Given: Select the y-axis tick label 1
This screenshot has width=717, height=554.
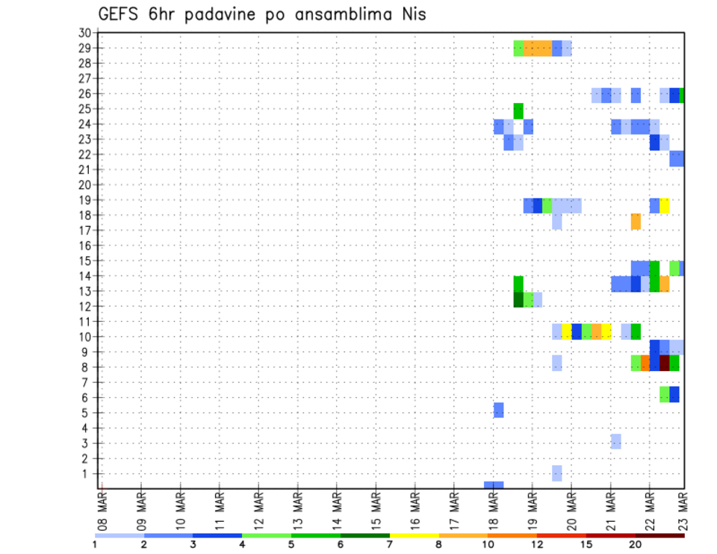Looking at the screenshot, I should (x=87, y=473).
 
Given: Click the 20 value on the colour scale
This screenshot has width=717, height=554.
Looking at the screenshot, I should (x=636, y=544).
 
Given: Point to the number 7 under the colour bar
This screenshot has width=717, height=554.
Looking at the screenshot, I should (x=389, y=544).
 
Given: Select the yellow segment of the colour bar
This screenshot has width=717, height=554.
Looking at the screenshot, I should (x=414, y=535).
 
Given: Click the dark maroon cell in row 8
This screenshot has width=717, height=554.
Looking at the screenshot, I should (x=665, y=363).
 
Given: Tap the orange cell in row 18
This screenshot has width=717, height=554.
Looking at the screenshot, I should (x=636, y=222).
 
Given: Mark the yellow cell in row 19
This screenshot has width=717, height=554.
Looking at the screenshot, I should (x=665, y=205).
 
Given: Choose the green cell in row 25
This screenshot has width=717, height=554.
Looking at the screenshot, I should (x=518, y=111).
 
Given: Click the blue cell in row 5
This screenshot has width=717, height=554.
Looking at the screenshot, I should (x=499, y=410).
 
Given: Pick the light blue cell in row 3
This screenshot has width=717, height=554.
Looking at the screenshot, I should (x=615, y=441).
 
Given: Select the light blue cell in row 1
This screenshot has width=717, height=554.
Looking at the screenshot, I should (x=557, y=473).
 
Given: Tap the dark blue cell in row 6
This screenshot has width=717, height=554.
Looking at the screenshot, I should (x=674, y=394).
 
